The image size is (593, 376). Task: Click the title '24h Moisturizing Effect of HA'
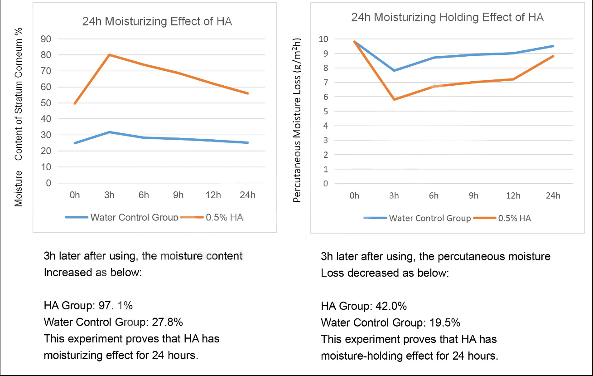click(157, 22)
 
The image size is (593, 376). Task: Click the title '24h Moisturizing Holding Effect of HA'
click(447, 18)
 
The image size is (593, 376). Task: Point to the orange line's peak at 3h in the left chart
click(109, 55)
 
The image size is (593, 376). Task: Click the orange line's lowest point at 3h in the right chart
click(394, 99)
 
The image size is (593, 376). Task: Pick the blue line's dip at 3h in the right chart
click(394, 70)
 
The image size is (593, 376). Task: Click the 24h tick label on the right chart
click(553, 196)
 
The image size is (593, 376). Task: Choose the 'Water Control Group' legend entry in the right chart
click(430, 218)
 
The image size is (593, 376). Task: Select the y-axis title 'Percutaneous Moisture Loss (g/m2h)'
click(298, 120)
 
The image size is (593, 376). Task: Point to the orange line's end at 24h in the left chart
click(248, 93)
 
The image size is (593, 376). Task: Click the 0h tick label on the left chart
click(75, 195)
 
